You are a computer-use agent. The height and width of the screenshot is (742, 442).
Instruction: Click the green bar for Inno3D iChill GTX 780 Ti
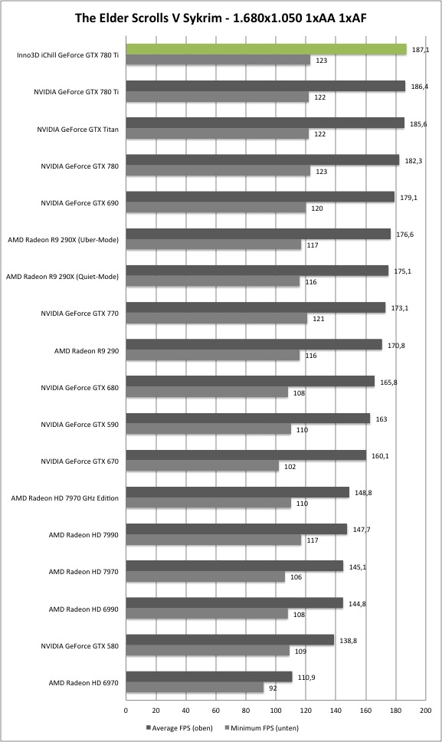click(x=266, y=49)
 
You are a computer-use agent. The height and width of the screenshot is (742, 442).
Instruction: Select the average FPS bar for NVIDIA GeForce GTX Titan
click(x=265, y=123)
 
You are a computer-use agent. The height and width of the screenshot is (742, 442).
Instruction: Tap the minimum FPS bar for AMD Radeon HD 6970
click(x=195, y=688)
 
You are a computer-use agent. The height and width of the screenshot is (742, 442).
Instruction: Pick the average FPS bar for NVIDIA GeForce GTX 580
click(x=231, y=640)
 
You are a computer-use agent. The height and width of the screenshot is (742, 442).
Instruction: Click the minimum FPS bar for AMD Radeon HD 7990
click(x=214, y=540)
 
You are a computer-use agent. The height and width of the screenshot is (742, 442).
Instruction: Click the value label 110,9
click(x=306, y=678)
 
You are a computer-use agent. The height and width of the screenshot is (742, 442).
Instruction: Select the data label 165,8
click(x=388, y=382)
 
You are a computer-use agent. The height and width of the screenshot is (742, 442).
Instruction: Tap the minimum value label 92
click(x=273, y=688)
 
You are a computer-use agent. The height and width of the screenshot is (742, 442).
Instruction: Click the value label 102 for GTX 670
click(x=290, y=467)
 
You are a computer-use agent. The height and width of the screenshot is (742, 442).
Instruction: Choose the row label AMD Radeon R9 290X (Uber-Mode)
click(x=64, y=240)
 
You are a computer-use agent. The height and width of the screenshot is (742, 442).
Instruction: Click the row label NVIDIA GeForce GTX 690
click(x=80, y=203)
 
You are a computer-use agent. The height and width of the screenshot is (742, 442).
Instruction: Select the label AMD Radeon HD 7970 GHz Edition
click(x=65, y=498)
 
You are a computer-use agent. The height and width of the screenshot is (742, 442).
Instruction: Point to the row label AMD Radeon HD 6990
click(x=83, y=609)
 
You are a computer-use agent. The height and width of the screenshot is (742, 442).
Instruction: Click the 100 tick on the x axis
click(x=276, y=711)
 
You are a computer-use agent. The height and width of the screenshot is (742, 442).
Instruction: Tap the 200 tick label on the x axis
click(x=425, y=711)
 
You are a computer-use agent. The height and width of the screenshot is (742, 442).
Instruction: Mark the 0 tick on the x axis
click(x=126, y=711)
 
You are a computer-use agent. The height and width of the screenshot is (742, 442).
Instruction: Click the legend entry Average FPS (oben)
click(x=180, y=728)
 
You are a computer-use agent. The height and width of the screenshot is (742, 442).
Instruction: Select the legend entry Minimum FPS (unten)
click(x=261, y=728)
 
